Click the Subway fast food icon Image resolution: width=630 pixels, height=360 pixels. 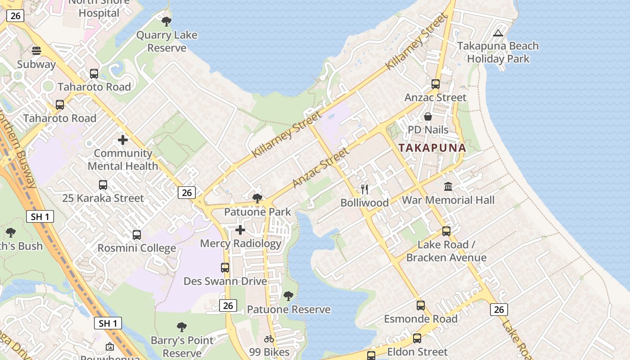(36, 51)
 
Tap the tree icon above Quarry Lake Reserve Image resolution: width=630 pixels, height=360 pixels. (166, 21)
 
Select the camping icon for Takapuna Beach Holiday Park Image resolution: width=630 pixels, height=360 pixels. (498, 33)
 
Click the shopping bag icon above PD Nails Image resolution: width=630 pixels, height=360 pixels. (428, 117)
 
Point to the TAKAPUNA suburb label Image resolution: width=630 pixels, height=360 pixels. (432, 148)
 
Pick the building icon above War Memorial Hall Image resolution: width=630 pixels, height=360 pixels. (448, 186)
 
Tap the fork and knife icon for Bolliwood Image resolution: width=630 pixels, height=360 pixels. (364, 189)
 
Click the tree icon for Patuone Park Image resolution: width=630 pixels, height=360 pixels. (257, 198)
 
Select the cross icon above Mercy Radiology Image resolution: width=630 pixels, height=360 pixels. (240, 230)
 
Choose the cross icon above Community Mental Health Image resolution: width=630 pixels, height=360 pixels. (123, 140)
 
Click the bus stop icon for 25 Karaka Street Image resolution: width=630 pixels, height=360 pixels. (103, 184)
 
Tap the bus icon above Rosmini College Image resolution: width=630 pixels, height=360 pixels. (137, 234)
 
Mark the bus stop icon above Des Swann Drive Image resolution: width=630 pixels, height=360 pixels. (225, 268)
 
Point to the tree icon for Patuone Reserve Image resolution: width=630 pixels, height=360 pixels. (288, 296)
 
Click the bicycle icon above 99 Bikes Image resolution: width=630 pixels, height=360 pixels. (269, 339)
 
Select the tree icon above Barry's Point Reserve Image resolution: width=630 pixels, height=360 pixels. (182, 327)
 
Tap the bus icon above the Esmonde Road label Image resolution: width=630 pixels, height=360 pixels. (421, 306)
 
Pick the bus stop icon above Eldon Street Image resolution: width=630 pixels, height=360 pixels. (417, 338)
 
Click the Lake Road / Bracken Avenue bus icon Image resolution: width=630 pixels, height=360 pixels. (446, 231)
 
